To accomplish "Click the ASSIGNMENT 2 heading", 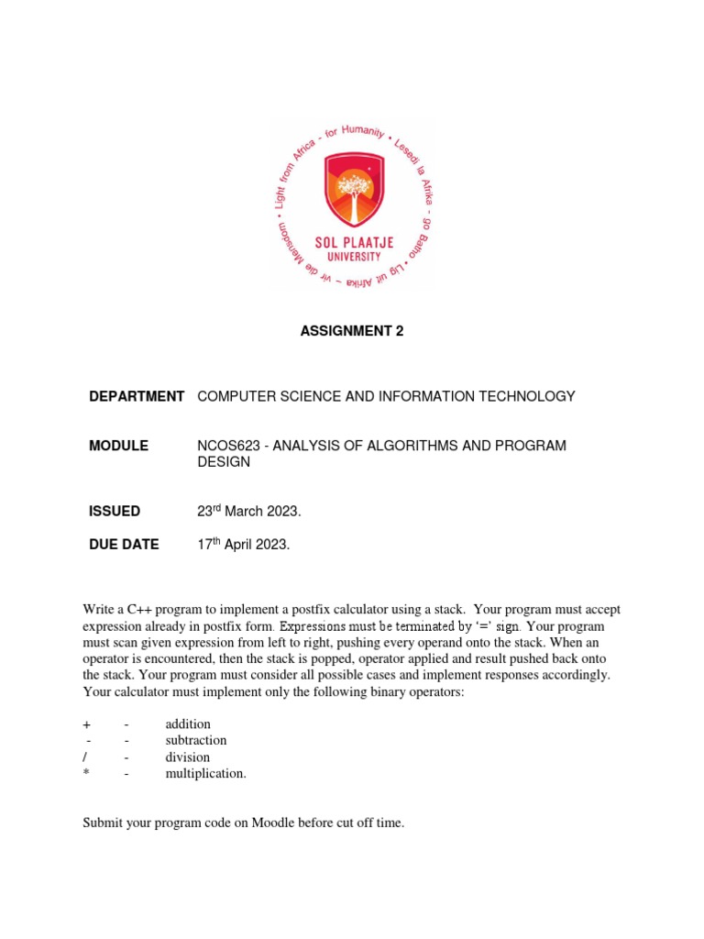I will click(352, 332).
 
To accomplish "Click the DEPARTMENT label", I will click(137, 396).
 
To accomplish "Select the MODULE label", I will click(118, 446).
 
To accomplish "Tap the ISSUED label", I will click(115, 512).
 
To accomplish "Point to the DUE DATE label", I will click(124, 545).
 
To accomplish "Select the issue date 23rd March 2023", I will click(249, 512).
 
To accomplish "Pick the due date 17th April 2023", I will click(244, 545).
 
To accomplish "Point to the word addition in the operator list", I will click(188, 724).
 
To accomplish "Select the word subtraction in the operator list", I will click(196, 741).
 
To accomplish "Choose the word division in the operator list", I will click(188, 757).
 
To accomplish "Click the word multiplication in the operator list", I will click(205, 774).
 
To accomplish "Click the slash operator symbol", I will click(85, 757).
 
